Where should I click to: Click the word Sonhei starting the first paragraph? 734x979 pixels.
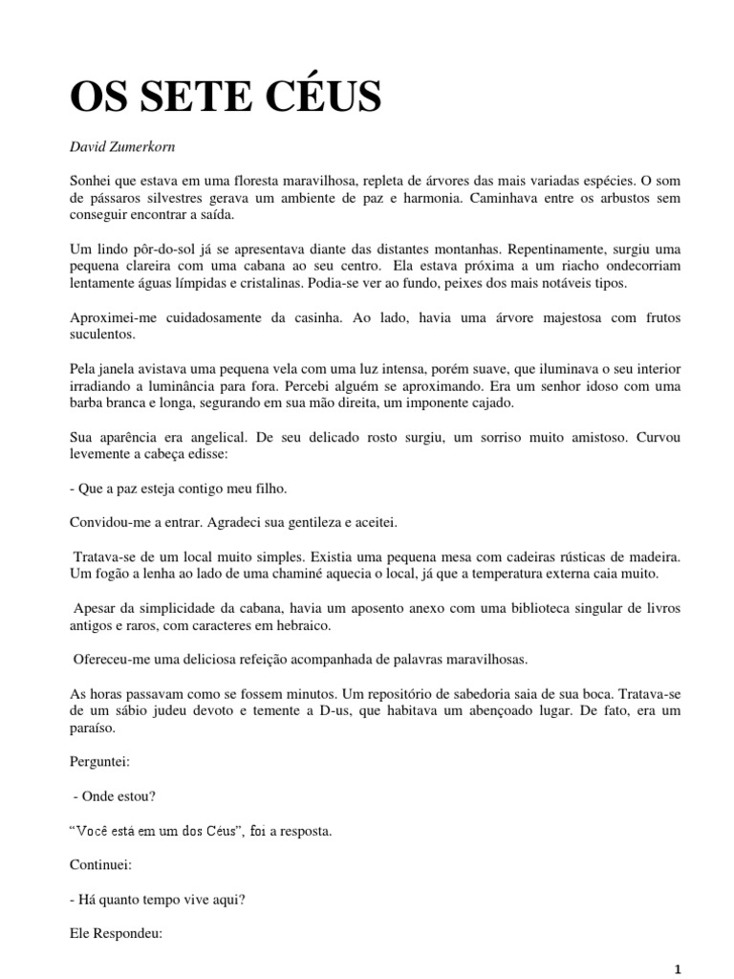(94, 179)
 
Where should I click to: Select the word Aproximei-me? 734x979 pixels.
(114, 317)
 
